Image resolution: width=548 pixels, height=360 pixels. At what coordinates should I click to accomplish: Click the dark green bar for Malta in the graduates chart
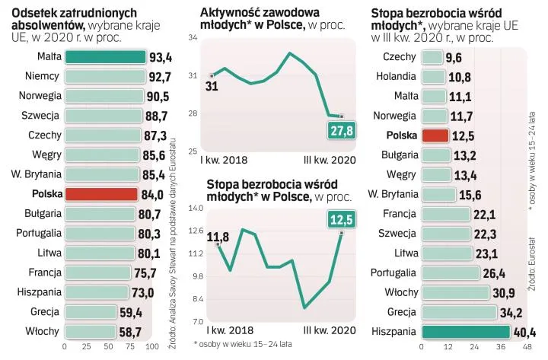click(x=105, y=57)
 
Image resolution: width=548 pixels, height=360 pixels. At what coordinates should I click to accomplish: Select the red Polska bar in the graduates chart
click(x=102, y=194)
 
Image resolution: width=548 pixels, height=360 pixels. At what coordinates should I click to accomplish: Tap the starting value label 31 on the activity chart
click(x=212, y=86)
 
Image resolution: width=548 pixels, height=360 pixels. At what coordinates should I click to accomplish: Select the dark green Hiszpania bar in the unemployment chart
click(x=465, y=331)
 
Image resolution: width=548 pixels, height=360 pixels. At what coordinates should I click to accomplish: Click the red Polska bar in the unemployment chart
click(x=434, y=135)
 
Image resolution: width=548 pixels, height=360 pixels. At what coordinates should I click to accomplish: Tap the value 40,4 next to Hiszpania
click(x=524, y=332)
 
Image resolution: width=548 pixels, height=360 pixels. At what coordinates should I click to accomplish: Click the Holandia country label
click(x=395, y=77)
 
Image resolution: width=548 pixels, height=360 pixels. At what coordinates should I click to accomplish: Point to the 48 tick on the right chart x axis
click(x=527, y=346)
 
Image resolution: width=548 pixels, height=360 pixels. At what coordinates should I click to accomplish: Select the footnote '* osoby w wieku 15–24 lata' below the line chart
click(x=243, y=344)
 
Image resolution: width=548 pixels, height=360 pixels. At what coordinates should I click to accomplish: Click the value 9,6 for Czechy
click(x=454, y=58)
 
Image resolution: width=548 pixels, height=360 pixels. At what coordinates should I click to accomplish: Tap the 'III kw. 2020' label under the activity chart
click(x=329, y=161)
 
